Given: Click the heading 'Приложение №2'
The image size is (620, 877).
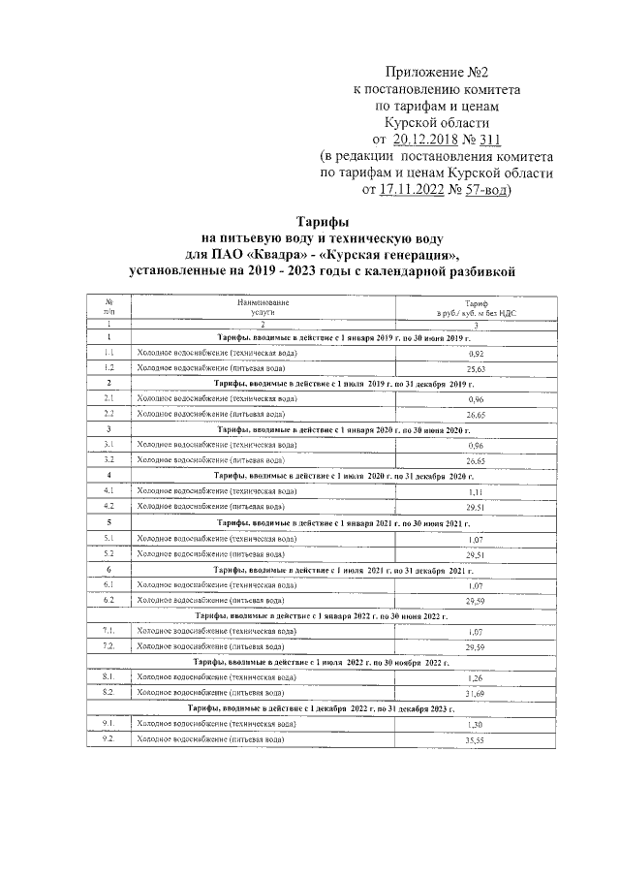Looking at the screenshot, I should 434,74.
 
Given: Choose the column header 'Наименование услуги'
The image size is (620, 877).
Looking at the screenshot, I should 261,308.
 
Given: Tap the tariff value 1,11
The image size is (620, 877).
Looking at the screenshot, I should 475,491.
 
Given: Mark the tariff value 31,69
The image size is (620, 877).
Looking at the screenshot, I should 475,693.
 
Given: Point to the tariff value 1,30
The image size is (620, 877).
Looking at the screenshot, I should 475,724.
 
